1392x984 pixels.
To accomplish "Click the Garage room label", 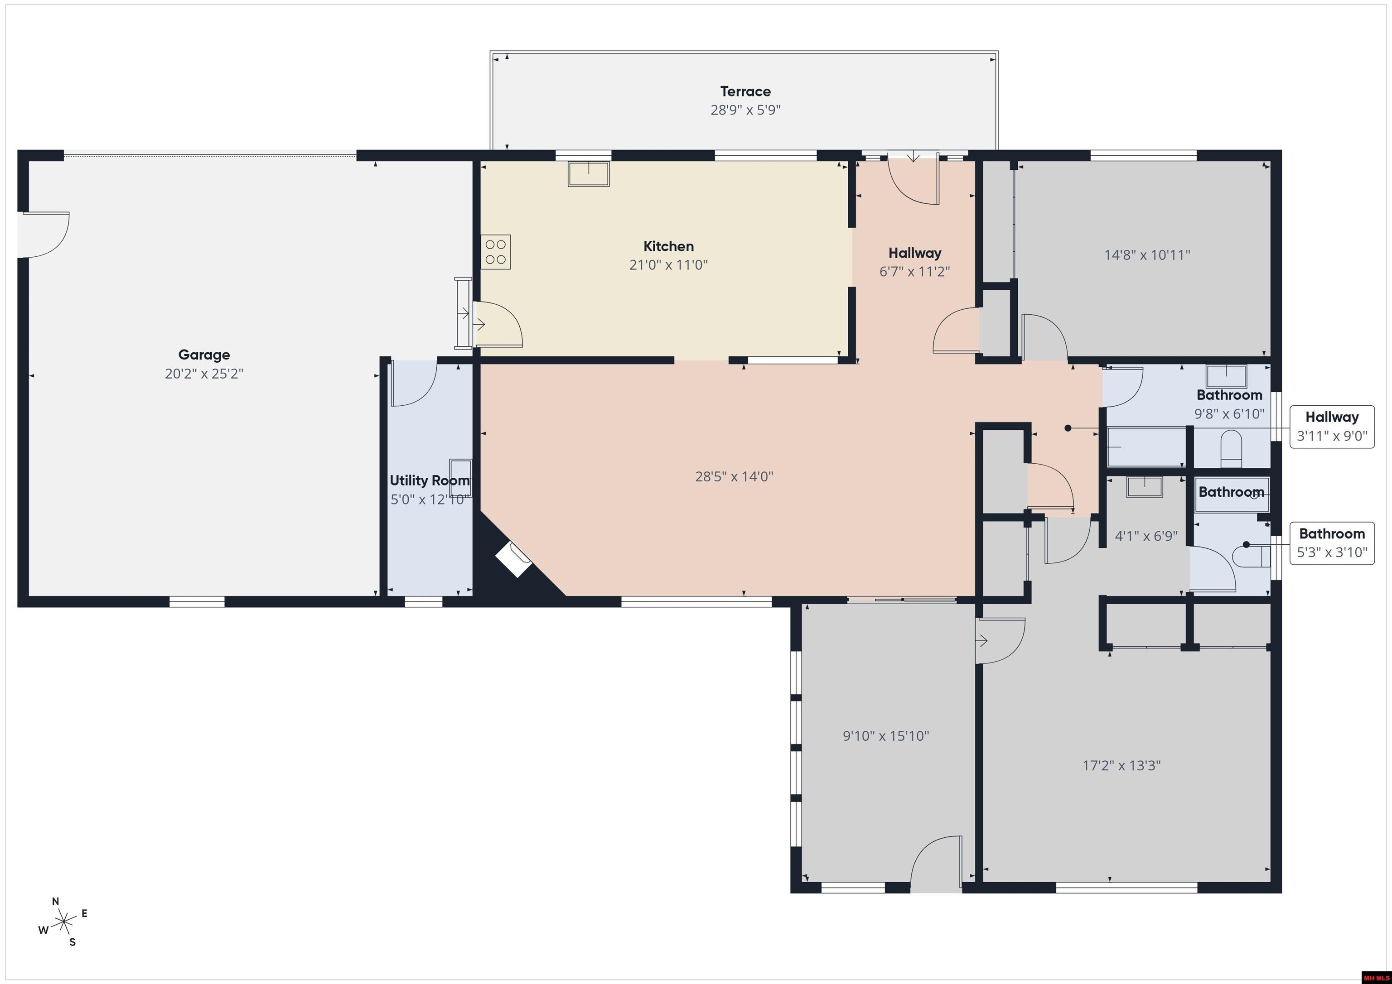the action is coord(204,355).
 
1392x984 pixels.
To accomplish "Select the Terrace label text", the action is coord(745,91).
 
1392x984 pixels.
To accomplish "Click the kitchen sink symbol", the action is coord(588,174).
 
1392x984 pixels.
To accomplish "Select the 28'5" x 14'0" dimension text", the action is coord(734,477).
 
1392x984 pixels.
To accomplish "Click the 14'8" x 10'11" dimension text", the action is coord(1147,255).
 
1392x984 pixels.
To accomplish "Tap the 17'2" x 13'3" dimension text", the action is coord(1121,766).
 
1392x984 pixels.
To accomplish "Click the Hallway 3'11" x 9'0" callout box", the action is coord(1332,427).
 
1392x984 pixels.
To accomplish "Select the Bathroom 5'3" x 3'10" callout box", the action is coord(1332,543).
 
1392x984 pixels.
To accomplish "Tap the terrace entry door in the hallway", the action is coord(913,180).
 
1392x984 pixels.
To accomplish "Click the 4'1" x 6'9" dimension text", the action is coord(1146,536).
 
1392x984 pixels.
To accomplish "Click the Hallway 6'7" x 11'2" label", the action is coord(914,262).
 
